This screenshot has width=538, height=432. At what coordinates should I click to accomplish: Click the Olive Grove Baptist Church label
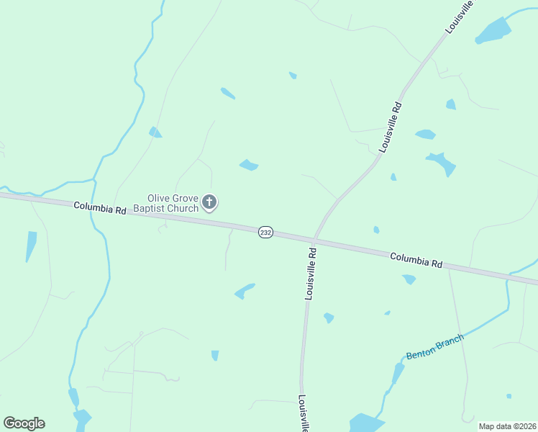coord(173,202)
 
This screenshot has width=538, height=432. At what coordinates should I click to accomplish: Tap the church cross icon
coord(209,202)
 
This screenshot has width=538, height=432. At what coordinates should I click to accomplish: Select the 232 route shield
coord(266,233)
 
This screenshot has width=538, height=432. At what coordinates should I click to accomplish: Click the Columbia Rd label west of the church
coord(100,209)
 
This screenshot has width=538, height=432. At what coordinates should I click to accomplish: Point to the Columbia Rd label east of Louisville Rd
coord(416,260)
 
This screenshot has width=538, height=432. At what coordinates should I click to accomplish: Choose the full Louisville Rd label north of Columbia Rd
coord(391,127)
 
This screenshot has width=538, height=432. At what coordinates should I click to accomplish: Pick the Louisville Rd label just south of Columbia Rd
coord(311,274)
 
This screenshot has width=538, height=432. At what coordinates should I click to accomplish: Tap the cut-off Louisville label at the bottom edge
coord(304,413)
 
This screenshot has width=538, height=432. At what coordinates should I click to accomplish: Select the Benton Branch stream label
coord(435,347)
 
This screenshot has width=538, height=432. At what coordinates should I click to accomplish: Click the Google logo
coord(24,423)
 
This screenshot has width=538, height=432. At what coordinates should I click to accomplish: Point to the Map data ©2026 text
coord(506,426)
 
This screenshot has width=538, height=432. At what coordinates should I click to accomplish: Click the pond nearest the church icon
coord(249,166)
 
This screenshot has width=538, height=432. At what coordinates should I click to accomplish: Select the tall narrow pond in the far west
coord(31,246)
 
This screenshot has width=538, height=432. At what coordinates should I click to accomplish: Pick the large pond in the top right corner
coord(494,30)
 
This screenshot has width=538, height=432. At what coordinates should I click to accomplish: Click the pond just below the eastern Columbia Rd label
coord(409,279)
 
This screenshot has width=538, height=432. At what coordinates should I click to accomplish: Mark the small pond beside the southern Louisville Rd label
coord(329,318)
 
